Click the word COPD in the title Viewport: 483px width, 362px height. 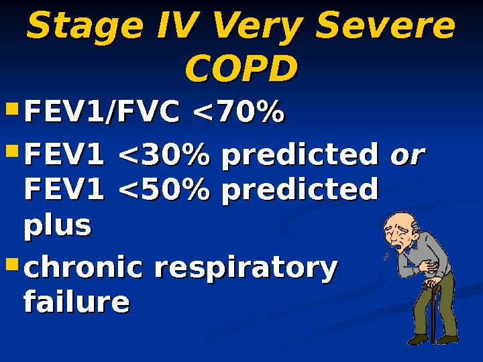[x=241, y=68]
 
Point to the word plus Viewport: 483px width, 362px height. [x=57, y=226]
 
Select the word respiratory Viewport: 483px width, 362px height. [x=246, y=269]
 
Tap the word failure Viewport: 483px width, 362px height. [x=76, y=302]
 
